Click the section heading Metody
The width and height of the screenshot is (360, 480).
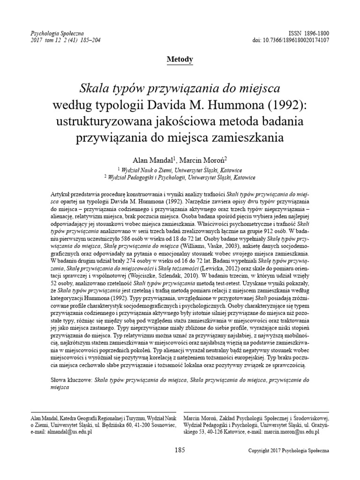click(180, 59)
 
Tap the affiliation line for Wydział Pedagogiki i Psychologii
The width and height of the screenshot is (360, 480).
click(180, 178)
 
